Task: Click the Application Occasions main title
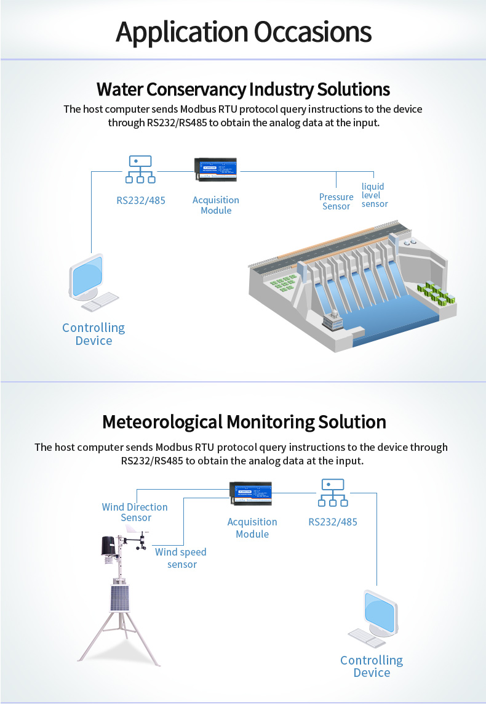tap(243, 32)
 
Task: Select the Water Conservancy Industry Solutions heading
tap(243, 89)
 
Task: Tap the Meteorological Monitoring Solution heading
tap(244, 422)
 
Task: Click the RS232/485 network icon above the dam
tap(140, 169)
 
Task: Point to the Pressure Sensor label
tap(336, 201)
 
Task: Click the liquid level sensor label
tap(374, 195)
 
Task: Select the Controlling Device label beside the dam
tap(94, 334)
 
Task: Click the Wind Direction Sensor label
tap(135, 512)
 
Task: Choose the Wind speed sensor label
tap(181, 558)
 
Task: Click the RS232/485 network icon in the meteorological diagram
tap(332, 493)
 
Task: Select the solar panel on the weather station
tap(118, 597)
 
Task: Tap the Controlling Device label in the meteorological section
tap(372, 666)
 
